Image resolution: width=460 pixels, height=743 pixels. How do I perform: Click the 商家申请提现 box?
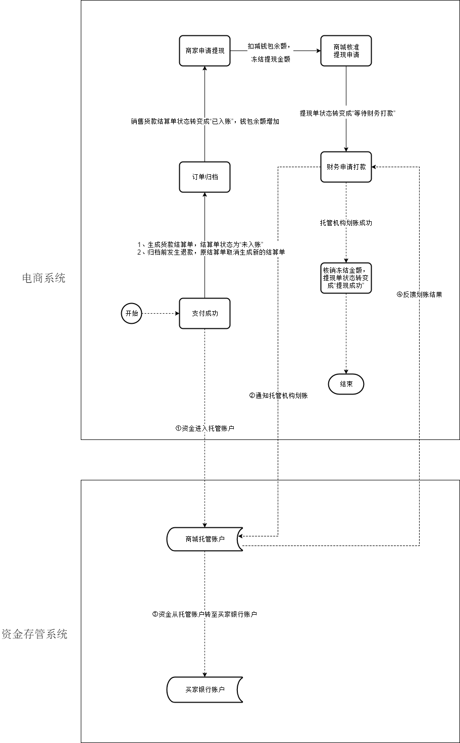pyautogui.click(x=205, y=51)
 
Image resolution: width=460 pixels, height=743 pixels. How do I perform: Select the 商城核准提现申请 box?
pyautogui.click(x=346, y=51)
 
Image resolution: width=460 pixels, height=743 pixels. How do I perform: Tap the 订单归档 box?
pyautogui.click(x=205, y=177)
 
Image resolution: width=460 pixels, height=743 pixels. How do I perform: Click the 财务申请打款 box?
pyautogui.click(x=346, y=167)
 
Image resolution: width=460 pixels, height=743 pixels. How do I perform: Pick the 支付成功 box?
pyautogui.click(x=205, y=313)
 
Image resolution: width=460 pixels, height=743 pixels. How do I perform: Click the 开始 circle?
pyautogui.click(x=131, y=313)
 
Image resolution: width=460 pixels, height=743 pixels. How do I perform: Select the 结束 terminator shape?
pyautogui.click(x=346, y=384)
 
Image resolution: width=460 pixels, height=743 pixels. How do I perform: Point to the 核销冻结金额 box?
pyautogui.click(x=346, y=278)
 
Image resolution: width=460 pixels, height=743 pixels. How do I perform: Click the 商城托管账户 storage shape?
pyautogui.click(x=205, y=539)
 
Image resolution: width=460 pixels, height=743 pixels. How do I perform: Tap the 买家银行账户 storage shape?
pyautogui.click(x=205, y=689)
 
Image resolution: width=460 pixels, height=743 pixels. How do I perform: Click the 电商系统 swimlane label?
pyautogui.click(x=43, y=278)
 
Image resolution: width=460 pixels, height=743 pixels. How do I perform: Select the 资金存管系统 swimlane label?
pyautogui.click(x=34, y=634)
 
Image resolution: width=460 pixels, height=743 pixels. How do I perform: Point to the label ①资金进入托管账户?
pyautogui.click(x=205, y=428)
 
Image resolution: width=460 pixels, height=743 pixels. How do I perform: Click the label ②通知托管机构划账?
pyautogui.click(x=278, y=396)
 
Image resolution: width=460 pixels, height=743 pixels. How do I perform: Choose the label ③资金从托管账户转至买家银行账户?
pyautogui.click(x=205, y=614)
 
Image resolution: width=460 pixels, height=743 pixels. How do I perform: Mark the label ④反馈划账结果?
pyautogui.click(x=419, y=294)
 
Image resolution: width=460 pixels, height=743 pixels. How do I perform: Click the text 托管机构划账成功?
pyautogui.click(x=346, y=223)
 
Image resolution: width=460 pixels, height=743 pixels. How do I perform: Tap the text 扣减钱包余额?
pyautogui.click(x=269, y=46)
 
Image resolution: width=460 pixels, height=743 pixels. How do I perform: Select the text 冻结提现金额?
pyautogui.click(x=271, y=59)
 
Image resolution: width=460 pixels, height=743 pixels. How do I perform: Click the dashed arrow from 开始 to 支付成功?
pyautogui.click(x=161, y=313)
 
